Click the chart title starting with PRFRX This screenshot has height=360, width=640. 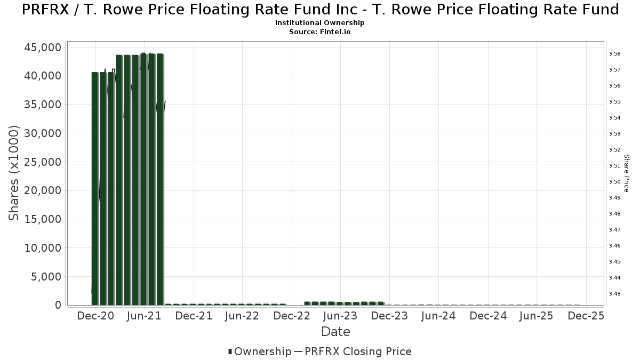[320, 10]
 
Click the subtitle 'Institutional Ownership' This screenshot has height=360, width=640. [319, 23]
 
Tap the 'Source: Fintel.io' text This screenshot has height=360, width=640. [319, 31]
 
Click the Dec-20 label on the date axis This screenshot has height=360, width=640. [95, 316]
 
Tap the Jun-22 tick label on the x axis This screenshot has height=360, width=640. [242, 316]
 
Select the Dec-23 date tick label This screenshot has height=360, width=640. [389, 316]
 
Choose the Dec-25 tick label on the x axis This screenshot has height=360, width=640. [586, 316]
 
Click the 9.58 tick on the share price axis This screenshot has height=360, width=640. [614, 54]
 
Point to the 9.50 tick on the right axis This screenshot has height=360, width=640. [614, 182]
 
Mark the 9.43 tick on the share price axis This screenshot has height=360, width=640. [614, 294]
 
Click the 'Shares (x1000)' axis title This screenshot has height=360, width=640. [14, 173]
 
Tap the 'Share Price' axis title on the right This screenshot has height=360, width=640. [627, 173]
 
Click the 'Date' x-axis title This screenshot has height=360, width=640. [335, 332]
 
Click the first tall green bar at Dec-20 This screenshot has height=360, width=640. [94, 187]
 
